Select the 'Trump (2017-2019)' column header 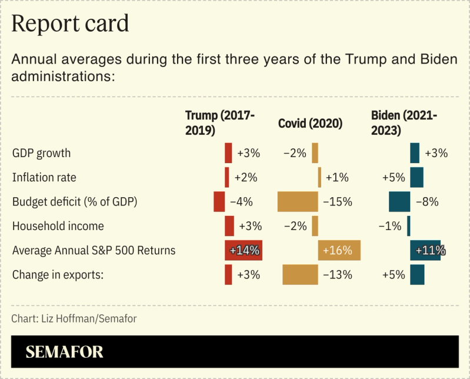(x=219, y=122)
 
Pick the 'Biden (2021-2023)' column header (x=404, y=122)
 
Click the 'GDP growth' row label (x=41, y=153)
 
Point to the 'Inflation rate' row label (x=44, y=177)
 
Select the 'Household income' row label (x=58, y=226)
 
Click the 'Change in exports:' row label (x=58, y=275)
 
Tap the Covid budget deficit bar (x=298, y=202)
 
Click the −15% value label (x=338, y=202)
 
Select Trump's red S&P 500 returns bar (x=243, y=251)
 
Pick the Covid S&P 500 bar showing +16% (x=339, y=251)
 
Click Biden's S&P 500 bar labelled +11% (x=427, y=251)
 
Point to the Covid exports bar (x=300, y=275)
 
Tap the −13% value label (x=338, y=275)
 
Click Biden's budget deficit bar (x=399, y=202)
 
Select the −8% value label (x=427, y=202)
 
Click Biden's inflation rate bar (x=416, y=177)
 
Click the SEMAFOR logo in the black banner (x=64, y=352)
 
